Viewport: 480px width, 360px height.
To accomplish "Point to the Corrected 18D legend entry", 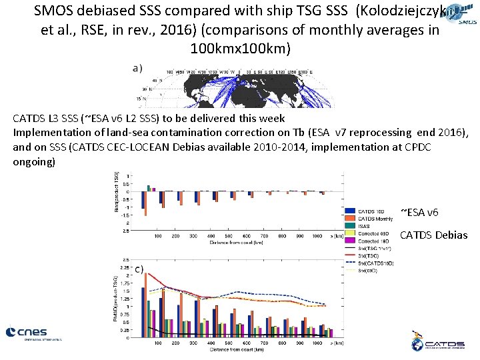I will coord(374,241).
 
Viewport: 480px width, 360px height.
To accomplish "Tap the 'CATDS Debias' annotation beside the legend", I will coord(434,234).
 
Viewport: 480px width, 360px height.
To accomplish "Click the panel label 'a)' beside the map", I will coord(137,67).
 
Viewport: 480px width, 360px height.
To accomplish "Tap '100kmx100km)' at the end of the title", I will coord(239,50).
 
